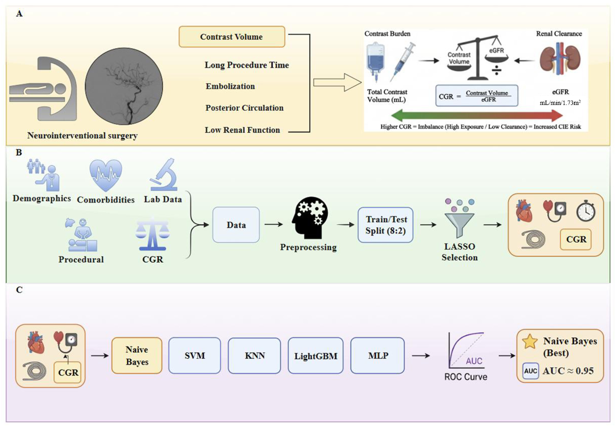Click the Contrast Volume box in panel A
click(x=232, y=37)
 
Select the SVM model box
click(x=195, y=355)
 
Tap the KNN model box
click(x=254, y=355)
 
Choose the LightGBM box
click(x=316, y=355)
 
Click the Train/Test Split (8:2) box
click(x=386, y=225)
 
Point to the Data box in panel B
click(x=236, y=225)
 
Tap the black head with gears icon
click(x=310, y=217)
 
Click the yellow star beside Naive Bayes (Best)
click(x=530, y=342)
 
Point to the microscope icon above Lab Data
click(x=163, y=175)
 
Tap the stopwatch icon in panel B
click(x=586, y=211)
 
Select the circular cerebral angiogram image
click(x=124, y=86)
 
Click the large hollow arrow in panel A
click(x=337, y=82)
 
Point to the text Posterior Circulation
click(x=244, y=108)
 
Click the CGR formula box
click(x=477, y=96)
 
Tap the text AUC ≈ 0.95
click(x=568, y=371)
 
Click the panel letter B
click(x=19, y=152)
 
